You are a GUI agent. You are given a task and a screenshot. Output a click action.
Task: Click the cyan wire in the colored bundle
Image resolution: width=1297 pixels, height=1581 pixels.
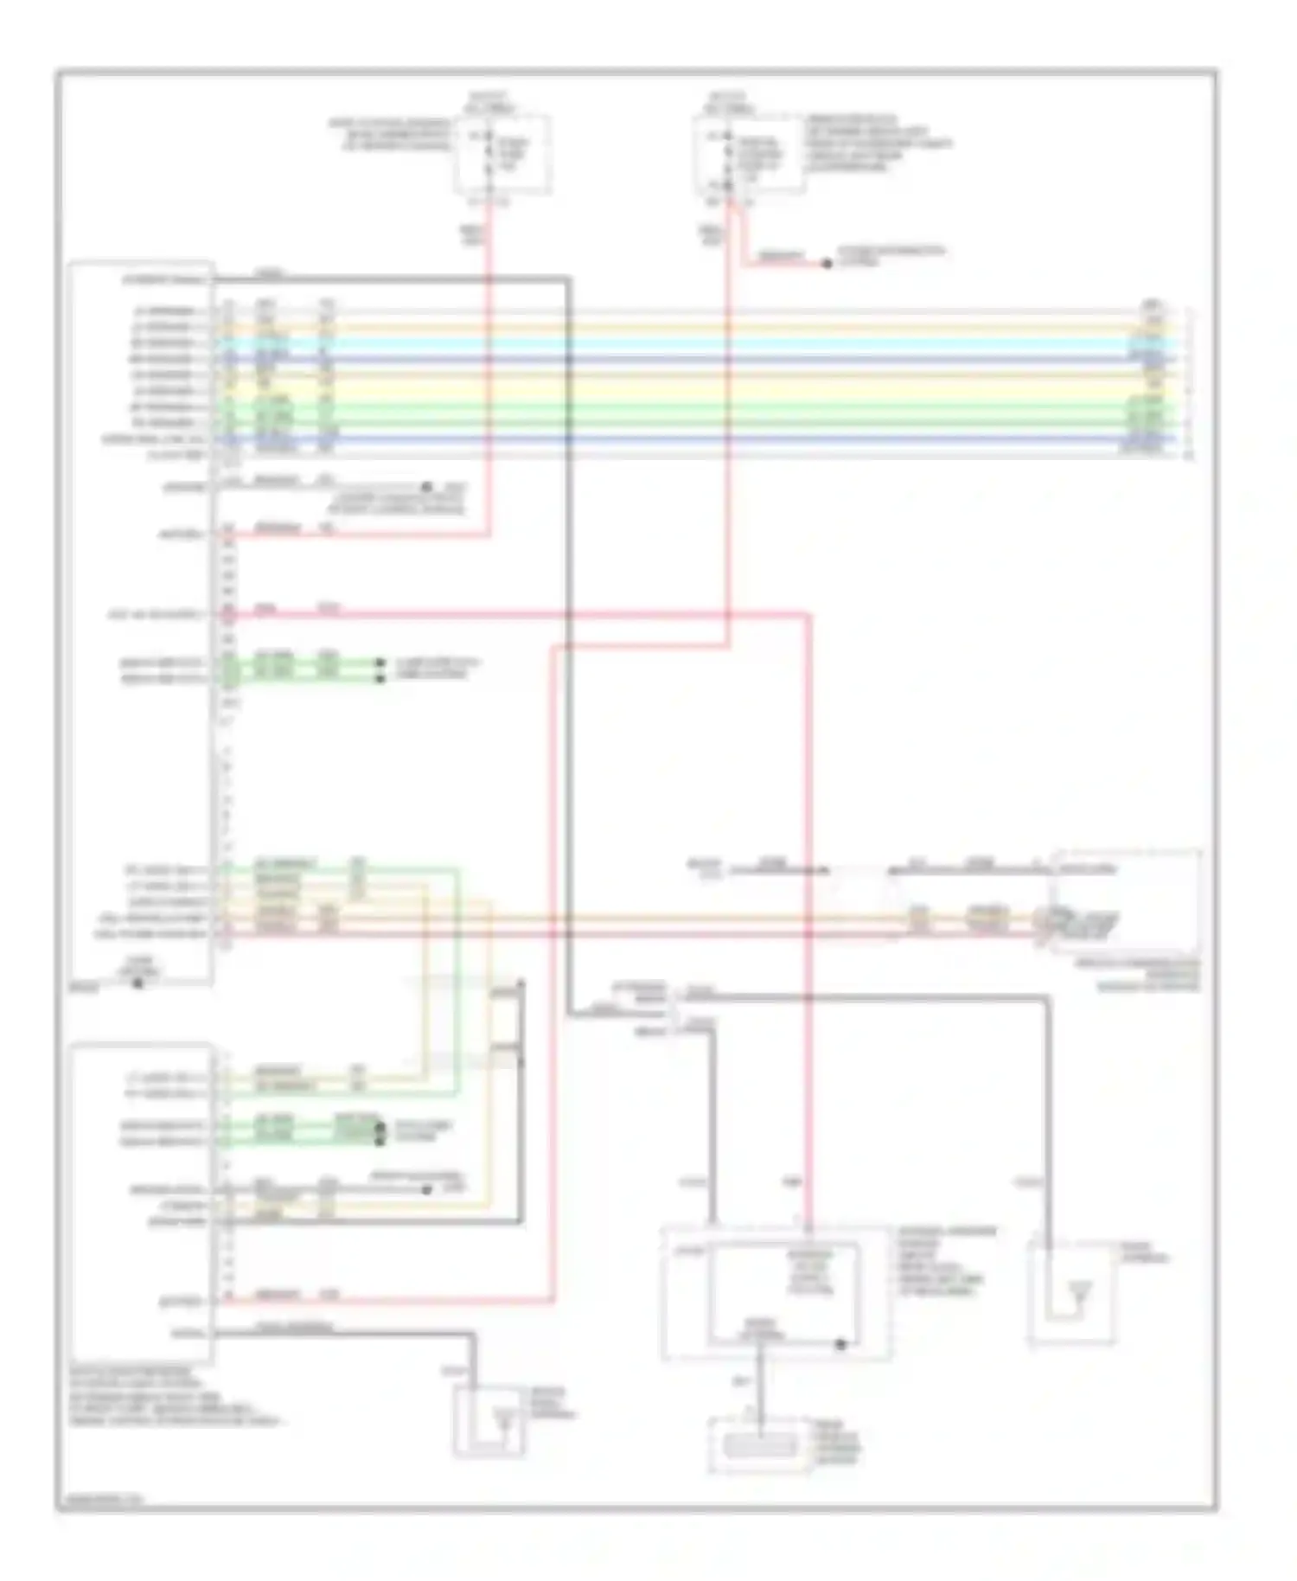692,342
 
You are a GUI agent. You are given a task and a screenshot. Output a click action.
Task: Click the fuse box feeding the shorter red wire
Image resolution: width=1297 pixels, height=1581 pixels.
504,154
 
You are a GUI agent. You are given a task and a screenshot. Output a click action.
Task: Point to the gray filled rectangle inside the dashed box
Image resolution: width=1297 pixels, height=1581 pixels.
760,1445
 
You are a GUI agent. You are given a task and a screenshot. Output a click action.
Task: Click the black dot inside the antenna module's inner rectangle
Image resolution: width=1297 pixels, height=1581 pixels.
840,1344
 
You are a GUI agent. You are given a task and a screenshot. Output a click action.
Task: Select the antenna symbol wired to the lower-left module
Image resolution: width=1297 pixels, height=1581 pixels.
500,1418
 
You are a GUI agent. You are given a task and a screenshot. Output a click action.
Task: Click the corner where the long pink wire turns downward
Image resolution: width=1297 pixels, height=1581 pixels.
809,615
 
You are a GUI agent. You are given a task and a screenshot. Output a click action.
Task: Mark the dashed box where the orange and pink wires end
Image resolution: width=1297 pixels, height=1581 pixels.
1124,899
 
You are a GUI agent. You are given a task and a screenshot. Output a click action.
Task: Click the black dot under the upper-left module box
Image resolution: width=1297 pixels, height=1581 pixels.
137,983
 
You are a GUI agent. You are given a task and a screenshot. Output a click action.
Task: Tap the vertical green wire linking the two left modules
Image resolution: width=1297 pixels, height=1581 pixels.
458,977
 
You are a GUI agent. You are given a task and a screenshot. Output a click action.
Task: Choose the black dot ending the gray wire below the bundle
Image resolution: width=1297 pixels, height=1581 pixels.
426,487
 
